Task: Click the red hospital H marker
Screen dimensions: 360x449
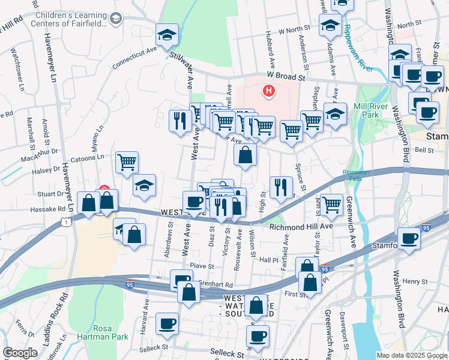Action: (x=269, y=91)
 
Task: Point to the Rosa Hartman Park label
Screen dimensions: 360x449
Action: (x=111, y=332)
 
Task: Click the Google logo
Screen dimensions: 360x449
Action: (x=20, y=352)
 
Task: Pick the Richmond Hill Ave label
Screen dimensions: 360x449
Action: (x=301, y=227)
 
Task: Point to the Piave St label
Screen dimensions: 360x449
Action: (x=202, y=266)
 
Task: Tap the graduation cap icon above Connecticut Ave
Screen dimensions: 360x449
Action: (x=167, y=35)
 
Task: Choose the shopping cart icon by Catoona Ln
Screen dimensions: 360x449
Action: (x=127, y=162)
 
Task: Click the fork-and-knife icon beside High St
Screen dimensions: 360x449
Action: (x=281, y=187)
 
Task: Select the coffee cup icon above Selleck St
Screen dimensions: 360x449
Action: (x=167, y=323)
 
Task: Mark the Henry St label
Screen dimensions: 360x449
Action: (x=414, y=281)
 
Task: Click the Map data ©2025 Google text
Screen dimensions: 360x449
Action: (x=412, y=355)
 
